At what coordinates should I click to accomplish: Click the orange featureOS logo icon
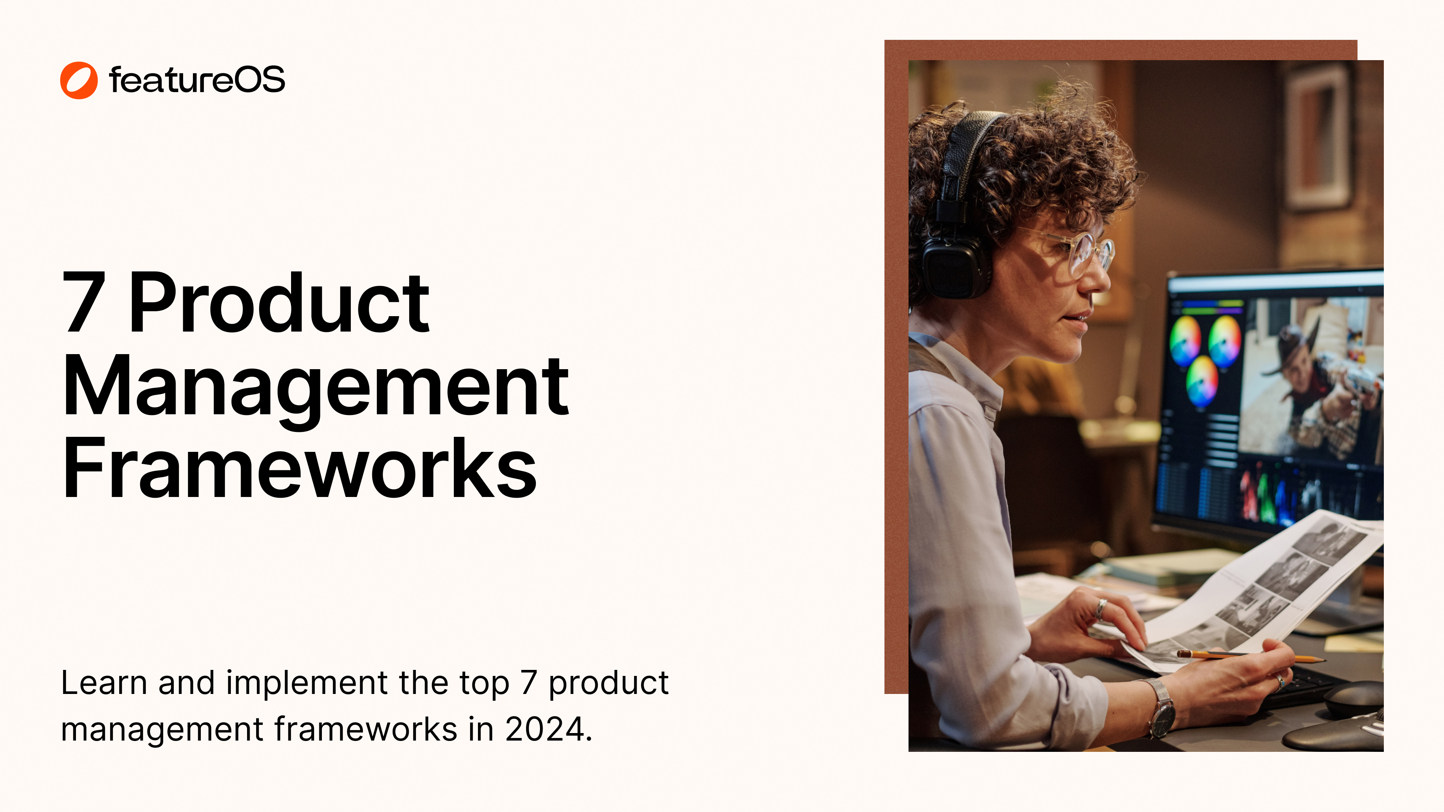(79, 80)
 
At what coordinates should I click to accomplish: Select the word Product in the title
(279, 303)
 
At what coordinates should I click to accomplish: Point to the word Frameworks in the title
(300, 468)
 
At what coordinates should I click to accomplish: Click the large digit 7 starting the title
(84, 303)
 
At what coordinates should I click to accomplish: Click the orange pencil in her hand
(1250, 655)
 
